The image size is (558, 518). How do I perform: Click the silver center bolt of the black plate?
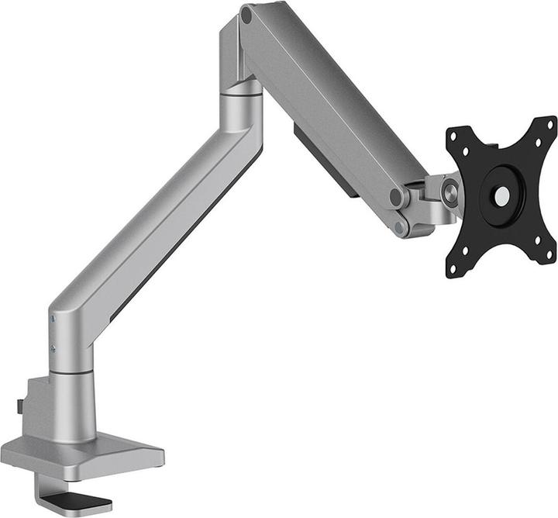coord(502,197)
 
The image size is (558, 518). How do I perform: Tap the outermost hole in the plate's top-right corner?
coord(551,125)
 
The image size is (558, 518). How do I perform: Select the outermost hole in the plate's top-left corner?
coord(453,137)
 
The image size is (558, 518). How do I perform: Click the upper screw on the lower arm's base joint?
coord(53,319)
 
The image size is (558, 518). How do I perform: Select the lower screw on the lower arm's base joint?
coord(53,348)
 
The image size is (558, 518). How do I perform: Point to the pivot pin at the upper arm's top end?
coord(246,14)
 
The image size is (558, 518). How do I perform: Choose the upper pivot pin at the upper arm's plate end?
coord(397,197)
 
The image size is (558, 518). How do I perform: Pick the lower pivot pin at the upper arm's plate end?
coord(400,227)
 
